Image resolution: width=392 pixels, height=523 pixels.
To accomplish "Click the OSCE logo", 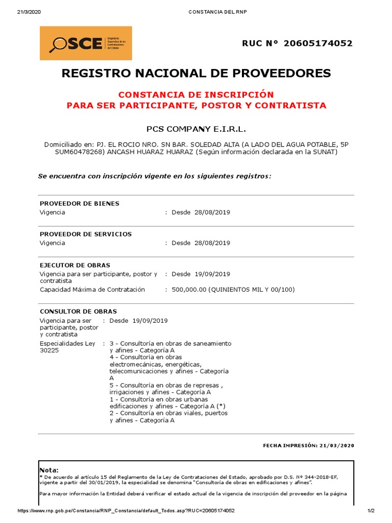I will (x=86, y=43).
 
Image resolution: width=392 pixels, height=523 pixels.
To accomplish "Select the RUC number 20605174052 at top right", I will (x=319, y=43).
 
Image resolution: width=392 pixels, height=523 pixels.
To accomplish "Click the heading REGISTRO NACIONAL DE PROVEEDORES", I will (x=196, y=73).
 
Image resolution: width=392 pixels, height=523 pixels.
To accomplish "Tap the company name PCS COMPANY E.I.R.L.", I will (x=196, y=129).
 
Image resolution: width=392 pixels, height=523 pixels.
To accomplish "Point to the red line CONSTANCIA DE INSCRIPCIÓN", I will (x=196, y=95).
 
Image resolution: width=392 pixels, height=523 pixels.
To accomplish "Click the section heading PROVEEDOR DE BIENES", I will (x=80, y=203).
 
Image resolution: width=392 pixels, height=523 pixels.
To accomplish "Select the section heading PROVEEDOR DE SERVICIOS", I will (x=86, y=234).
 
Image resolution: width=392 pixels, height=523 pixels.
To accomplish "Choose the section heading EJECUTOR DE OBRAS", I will (x=75, y=265).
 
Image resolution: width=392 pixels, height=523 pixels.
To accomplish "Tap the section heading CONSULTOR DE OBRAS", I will (x=78, y=311).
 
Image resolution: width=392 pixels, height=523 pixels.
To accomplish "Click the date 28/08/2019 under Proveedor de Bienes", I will (x=212, y=212).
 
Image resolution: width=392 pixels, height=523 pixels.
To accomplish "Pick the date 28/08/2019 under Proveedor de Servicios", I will (x=212, y=243).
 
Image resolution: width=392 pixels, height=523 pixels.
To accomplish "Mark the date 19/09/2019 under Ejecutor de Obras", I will (x=212, y=274).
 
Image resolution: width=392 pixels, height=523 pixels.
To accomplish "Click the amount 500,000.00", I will (x=189, y=290).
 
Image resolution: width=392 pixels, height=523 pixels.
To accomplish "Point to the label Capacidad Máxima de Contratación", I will (x=92, y=290).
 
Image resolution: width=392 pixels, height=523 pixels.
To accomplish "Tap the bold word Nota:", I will (x=49, y=470).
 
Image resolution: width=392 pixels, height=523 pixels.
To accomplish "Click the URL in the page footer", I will (x=126, y=511).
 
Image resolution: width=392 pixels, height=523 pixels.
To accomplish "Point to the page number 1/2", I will (x=371, y=511).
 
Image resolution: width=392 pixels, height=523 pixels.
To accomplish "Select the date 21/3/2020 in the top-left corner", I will (x=29, y=12).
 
